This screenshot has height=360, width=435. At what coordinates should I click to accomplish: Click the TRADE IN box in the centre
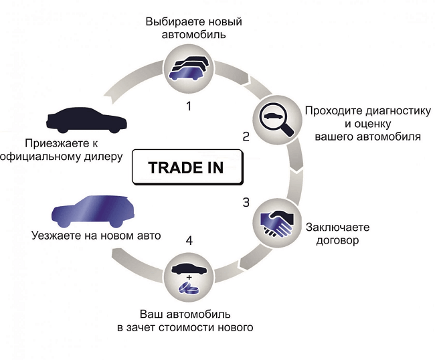pos(185,167)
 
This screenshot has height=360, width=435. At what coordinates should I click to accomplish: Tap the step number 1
pos(189,106)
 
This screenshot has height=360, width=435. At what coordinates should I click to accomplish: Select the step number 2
pos(246,137)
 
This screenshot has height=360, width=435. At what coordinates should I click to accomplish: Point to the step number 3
pos(246,201)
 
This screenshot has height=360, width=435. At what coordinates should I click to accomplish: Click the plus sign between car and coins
pos(189,276)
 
